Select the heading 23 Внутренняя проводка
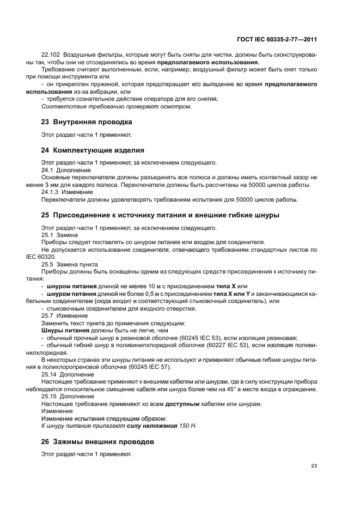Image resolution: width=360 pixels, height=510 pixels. click(87, 122)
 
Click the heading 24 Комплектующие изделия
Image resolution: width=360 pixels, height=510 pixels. click(93, 149)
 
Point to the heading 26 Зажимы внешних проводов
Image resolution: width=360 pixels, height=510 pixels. click(97, 441)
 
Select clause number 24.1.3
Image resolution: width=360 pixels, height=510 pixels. click(51, 192)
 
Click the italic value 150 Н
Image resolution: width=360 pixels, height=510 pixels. click(188, 425)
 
